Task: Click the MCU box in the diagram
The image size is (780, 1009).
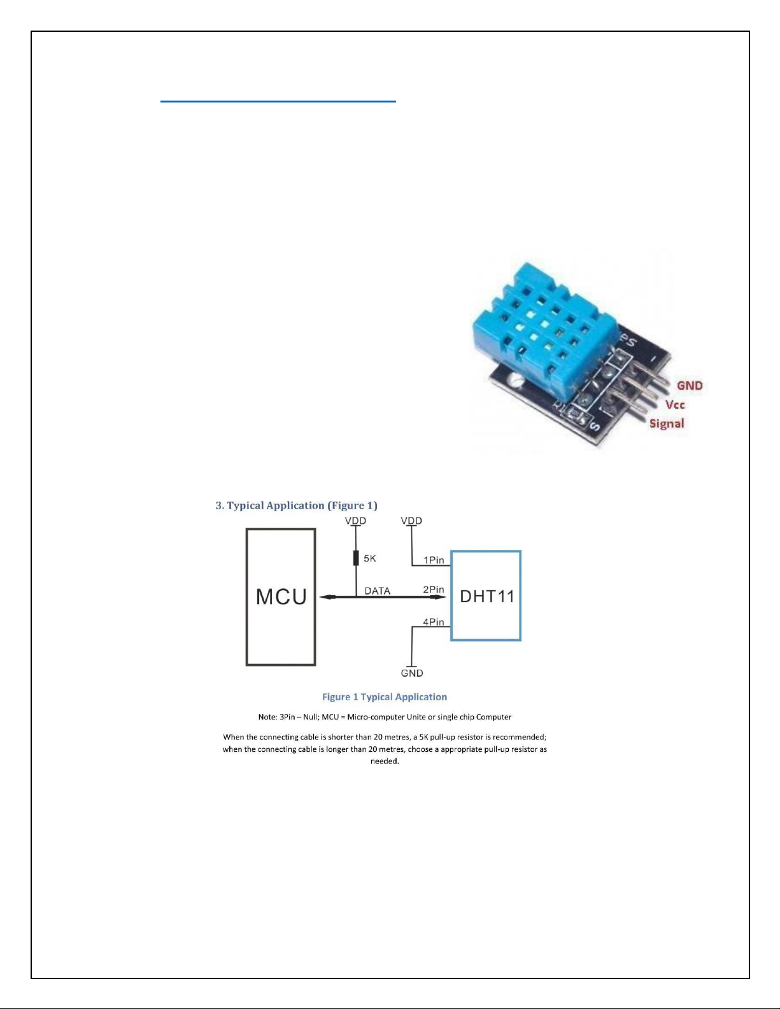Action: (x=281, y=596)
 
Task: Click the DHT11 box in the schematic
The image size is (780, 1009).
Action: (x=486, y=596)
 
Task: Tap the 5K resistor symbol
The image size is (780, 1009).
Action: (x=356, y=558)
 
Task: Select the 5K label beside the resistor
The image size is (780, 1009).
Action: (x=370, y=558)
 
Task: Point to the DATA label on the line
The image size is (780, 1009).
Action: (x=377, y=591)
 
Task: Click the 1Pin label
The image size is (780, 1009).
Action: (x=434, y=560)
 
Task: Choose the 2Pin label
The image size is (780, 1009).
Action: (x=434, y=589)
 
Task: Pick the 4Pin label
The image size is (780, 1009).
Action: (x=434, y=622)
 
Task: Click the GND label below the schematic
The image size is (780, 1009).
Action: (x=412, y=673)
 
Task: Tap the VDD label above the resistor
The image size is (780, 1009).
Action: (x=355, y=521)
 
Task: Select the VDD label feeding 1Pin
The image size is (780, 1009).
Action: (x=411, y=521)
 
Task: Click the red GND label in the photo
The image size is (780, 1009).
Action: (x=690, y=385)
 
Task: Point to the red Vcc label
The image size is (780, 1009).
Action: (x=675, y=404)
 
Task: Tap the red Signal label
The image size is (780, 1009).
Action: (x=667, y=423)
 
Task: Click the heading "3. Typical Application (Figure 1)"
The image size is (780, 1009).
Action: (x=296, y=505)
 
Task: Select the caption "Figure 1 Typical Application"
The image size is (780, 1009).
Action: (x=385, y=697)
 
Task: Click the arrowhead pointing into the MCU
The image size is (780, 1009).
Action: (x=326, y=596)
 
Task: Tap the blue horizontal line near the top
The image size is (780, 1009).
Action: (x=278, y=101)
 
